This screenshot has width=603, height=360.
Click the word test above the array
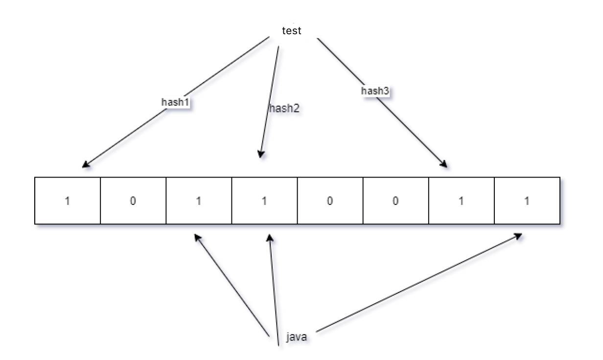(x=292, y=30)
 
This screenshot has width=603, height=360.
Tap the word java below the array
(x=297, y=337)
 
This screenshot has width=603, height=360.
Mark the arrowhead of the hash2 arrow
(x=261, y=155)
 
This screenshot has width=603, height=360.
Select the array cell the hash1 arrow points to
(x=68, y=201)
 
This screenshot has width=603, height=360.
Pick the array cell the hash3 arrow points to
(x=461, y=201)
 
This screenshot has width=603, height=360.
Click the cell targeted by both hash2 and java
(x=264, y=201)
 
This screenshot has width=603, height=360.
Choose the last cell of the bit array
(x=527, y=201)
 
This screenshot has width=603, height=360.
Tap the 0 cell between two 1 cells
(x=133, y=201)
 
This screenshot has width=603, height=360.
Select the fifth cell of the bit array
(x=330, y=201)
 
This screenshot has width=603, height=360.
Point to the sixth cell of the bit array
(x=395, y=201)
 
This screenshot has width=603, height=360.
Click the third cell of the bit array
(x=199, y=201)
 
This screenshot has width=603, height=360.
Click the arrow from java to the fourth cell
(x=273, y=289)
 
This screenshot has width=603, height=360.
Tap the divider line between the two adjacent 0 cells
(x=363, y=201)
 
